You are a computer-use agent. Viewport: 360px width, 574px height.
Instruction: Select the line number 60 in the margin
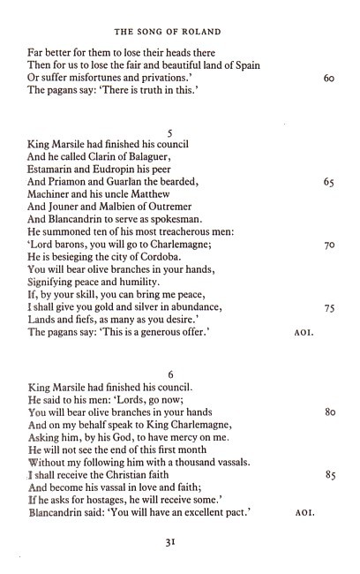pos(328,78)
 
